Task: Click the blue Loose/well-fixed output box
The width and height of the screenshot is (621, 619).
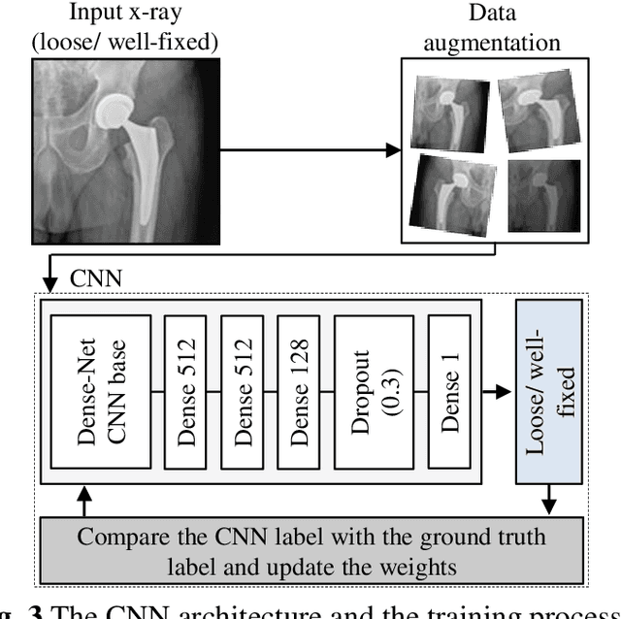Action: tap(549, 390)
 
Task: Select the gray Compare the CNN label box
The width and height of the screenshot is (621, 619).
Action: tap(311, 549)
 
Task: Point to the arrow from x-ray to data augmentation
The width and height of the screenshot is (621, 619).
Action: tap(310, 150)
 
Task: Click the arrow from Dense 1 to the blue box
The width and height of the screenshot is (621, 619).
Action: tap(496, 392)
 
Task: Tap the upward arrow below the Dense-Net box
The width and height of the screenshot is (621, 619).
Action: tap(84, 504)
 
